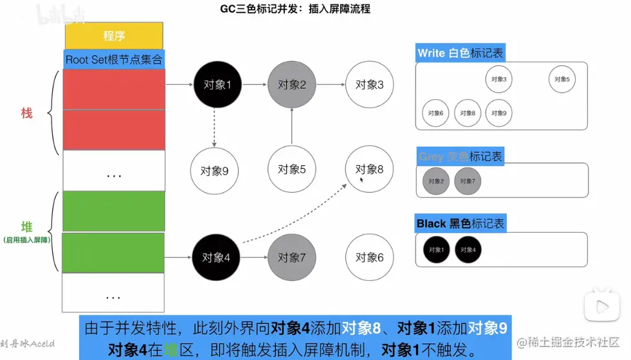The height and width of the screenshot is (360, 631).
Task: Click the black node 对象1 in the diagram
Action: coord(217,84)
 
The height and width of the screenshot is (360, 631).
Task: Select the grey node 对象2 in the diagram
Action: coord(292,84)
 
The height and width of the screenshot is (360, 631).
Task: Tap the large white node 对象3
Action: coord(369,84)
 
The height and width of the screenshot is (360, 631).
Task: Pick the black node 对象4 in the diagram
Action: coord(216,257)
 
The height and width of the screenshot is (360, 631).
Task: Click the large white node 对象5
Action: coord(292,170)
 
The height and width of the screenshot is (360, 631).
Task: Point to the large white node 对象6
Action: coord(369,257)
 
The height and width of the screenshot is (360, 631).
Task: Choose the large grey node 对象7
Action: coord(292,257)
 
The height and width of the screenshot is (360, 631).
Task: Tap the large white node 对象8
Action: coord(369,170)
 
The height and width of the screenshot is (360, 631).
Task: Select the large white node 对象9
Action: coord(215,171)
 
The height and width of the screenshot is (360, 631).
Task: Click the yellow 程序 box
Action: coord(114,36)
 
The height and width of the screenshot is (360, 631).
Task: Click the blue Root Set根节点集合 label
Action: coord(114,60)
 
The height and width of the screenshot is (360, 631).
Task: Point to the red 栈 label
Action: coord(27,113)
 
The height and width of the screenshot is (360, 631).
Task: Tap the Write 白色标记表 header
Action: coord(460,53)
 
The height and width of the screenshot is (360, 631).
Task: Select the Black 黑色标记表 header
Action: coord(461,224)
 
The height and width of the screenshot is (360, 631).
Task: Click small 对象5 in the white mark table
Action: coord(562,79)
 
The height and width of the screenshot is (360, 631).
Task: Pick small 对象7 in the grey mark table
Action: coord(468,181)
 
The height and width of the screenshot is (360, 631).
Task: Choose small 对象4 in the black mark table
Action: coord(468,249)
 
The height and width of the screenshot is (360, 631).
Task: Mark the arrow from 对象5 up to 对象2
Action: coord(292,126)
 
